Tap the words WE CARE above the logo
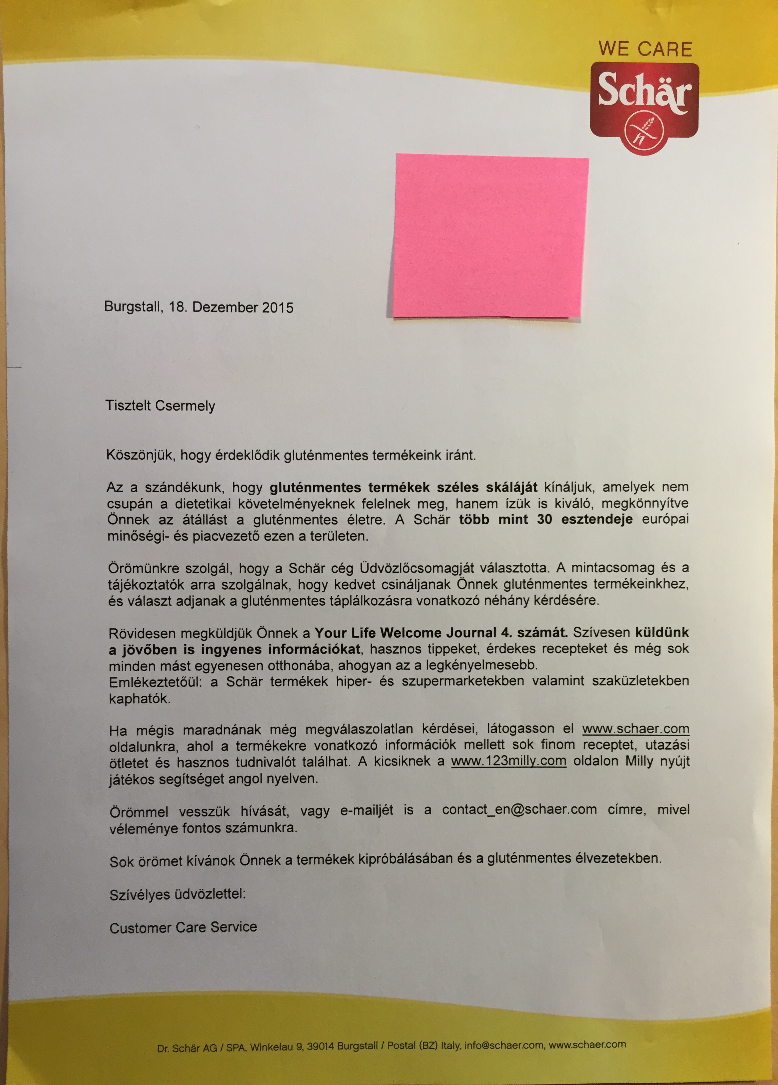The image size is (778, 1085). pyautogui.click(x=645, y=49)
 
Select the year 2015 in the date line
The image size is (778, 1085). pyautogui.click(x=278, y=307)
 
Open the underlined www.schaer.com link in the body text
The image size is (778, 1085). pyautogui.click(x=635, y=729)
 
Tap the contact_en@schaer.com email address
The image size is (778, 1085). pyautogui.click(x=519, y=809)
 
